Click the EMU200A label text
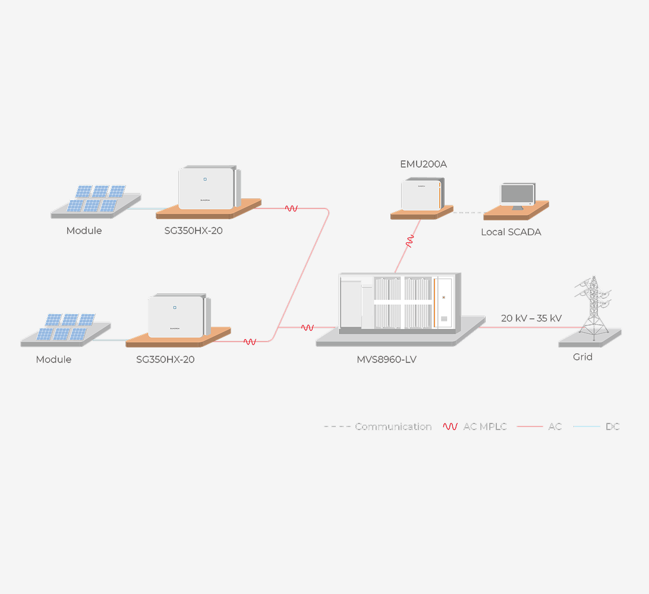tap(424, 164)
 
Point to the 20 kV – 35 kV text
tap(531, 318)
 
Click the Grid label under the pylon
tap(582, 357)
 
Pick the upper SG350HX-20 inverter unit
tap(207, 188)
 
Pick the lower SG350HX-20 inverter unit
tap(177, 316)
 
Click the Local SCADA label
tap(511, 232)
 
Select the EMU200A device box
tap(421, 195)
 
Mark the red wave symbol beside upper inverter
tap(291, 208)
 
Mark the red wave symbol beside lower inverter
tap(250, 342)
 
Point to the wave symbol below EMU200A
tap(409, 241)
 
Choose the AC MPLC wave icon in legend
tap(450, 426)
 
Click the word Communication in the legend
tap(393, 426)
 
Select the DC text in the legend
tap(612, 426)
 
